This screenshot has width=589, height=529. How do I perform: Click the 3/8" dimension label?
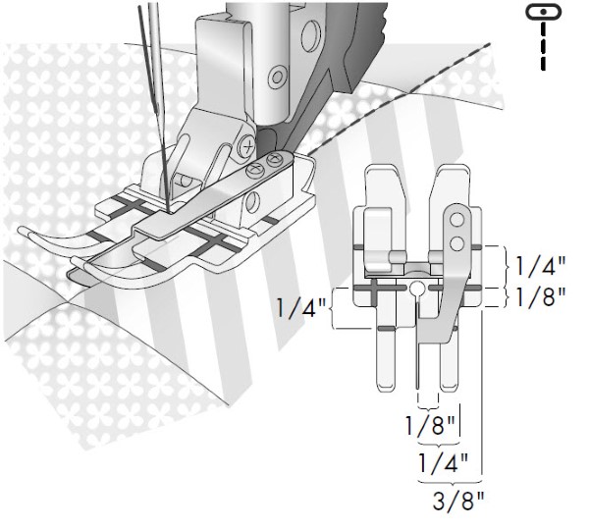coord(458,501)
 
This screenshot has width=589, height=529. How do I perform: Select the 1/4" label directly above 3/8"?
coord(444,463)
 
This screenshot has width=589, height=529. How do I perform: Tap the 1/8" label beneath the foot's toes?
coord(430,425)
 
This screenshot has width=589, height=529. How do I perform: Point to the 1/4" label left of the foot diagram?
coord(301,308)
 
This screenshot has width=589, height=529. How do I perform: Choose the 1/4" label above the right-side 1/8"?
coord(540,266)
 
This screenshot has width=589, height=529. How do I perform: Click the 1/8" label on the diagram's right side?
coord(540,296)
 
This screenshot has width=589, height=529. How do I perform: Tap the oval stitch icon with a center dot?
coord(544,12)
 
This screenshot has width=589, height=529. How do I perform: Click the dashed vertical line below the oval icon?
coord(543,46)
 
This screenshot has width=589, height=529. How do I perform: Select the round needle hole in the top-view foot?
coord(417,289)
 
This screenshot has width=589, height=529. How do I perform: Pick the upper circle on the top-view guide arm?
coord(456,220)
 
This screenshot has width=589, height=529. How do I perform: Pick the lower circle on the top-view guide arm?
coord(456,244)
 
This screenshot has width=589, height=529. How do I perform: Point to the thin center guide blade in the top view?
coord(417,345)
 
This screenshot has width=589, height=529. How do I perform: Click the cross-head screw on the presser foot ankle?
coord(246,145)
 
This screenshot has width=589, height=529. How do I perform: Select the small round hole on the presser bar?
coord(277,78)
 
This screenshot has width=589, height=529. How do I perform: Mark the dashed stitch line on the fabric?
coord(400,99)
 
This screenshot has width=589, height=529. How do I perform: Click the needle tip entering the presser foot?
coord(167,209)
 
